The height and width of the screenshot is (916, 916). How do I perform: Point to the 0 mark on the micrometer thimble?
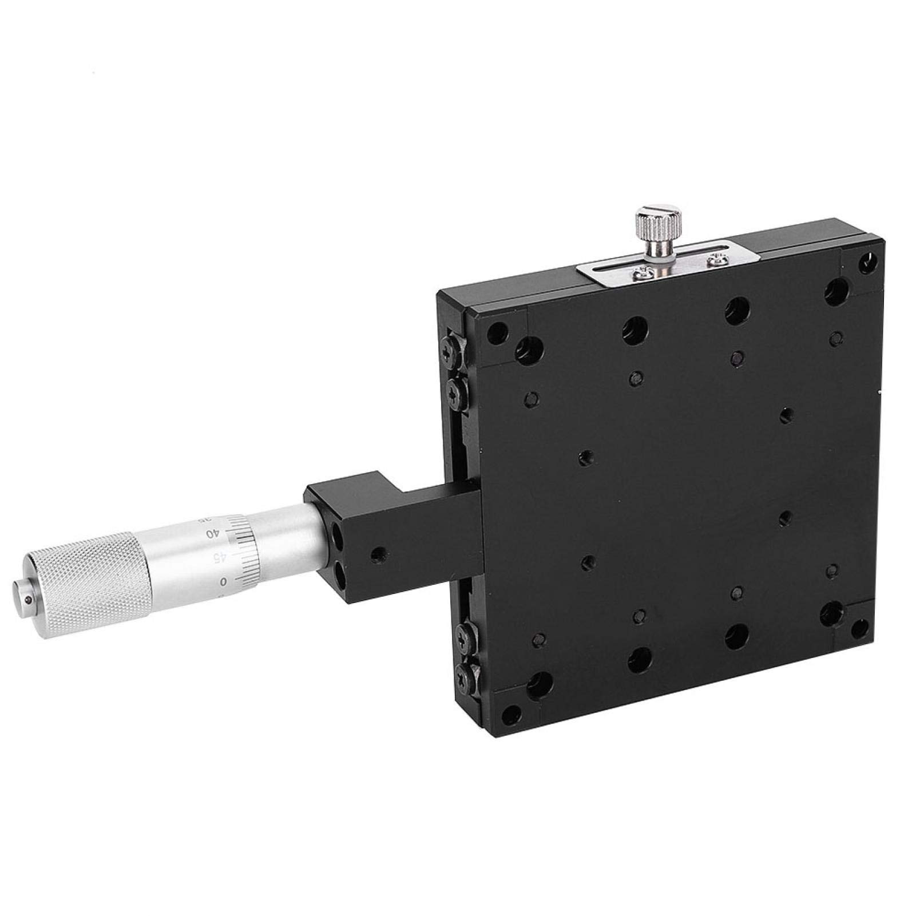coord(224,582)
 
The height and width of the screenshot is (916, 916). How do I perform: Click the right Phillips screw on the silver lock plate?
coord(713,261)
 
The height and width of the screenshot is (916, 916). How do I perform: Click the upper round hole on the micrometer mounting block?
coord(338,538)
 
